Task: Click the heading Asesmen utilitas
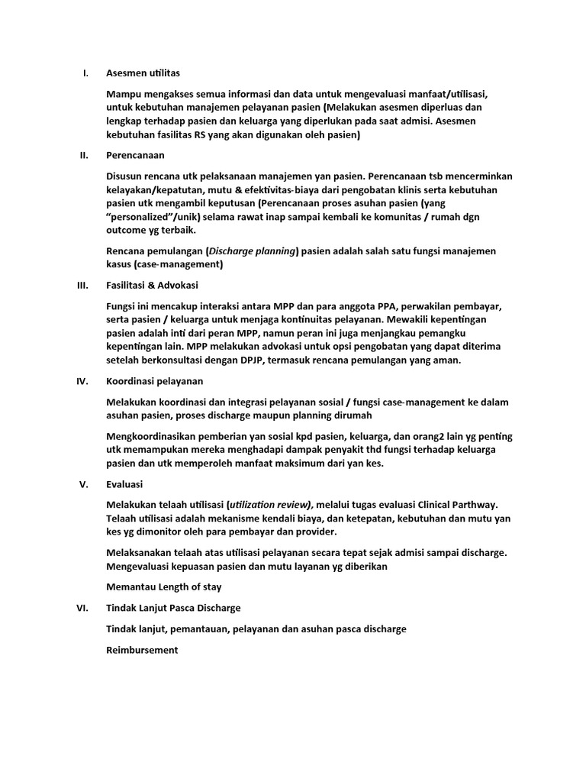[x=143, y=73]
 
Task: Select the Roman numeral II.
[x=85, y=155]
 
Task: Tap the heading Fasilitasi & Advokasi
[x=152, y=286]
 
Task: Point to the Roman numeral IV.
[x=83, y=381]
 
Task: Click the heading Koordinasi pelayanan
[x=155, y=381]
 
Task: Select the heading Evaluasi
[x=124, y=484]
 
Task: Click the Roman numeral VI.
[x=84, y=608]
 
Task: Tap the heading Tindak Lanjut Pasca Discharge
[x=173, y=608]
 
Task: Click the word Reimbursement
[x=142, y=650]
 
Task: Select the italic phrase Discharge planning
[x=253, y=250]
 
